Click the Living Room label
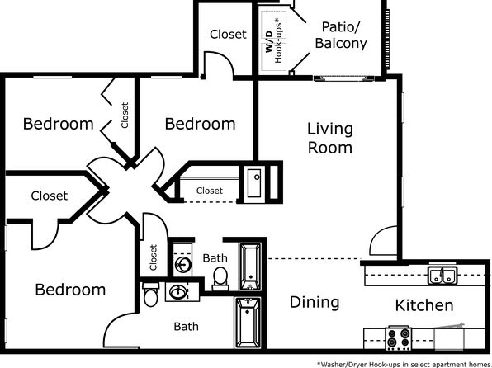329,138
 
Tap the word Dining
315,302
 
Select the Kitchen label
424,305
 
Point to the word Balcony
341,43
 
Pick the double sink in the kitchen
442,276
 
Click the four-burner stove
399,337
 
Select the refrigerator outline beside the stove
449,338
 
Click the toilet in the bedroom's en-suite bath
150,295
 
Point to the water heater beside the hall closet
254,183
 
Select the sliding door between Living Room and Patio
343,78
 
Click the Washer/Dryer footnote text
404,364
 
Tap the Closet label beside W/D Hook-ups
228,34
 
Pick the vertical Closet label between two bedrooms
125,116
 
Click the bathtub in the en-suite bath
248,323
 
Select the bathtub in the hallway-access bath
250,267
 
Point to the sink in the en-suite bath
177,292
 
